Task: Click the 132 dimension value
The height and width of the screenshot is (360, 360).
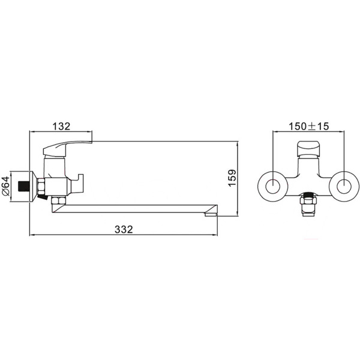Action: [x=61, y=126]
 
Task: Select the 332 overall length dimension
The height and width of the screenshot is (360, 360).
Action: [x=124, y=229]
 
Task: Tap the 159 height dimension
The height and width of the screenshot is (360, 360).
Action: [x=232, y=178]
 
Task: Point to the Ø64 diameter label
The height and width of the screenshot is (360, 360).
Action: [x=6, y=186]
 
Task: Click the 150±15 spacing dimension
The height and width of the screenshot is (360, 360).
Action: [x=308, y=126]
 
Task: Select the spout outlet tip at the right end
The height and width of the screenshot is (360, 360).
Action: [x=211, y=214]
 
